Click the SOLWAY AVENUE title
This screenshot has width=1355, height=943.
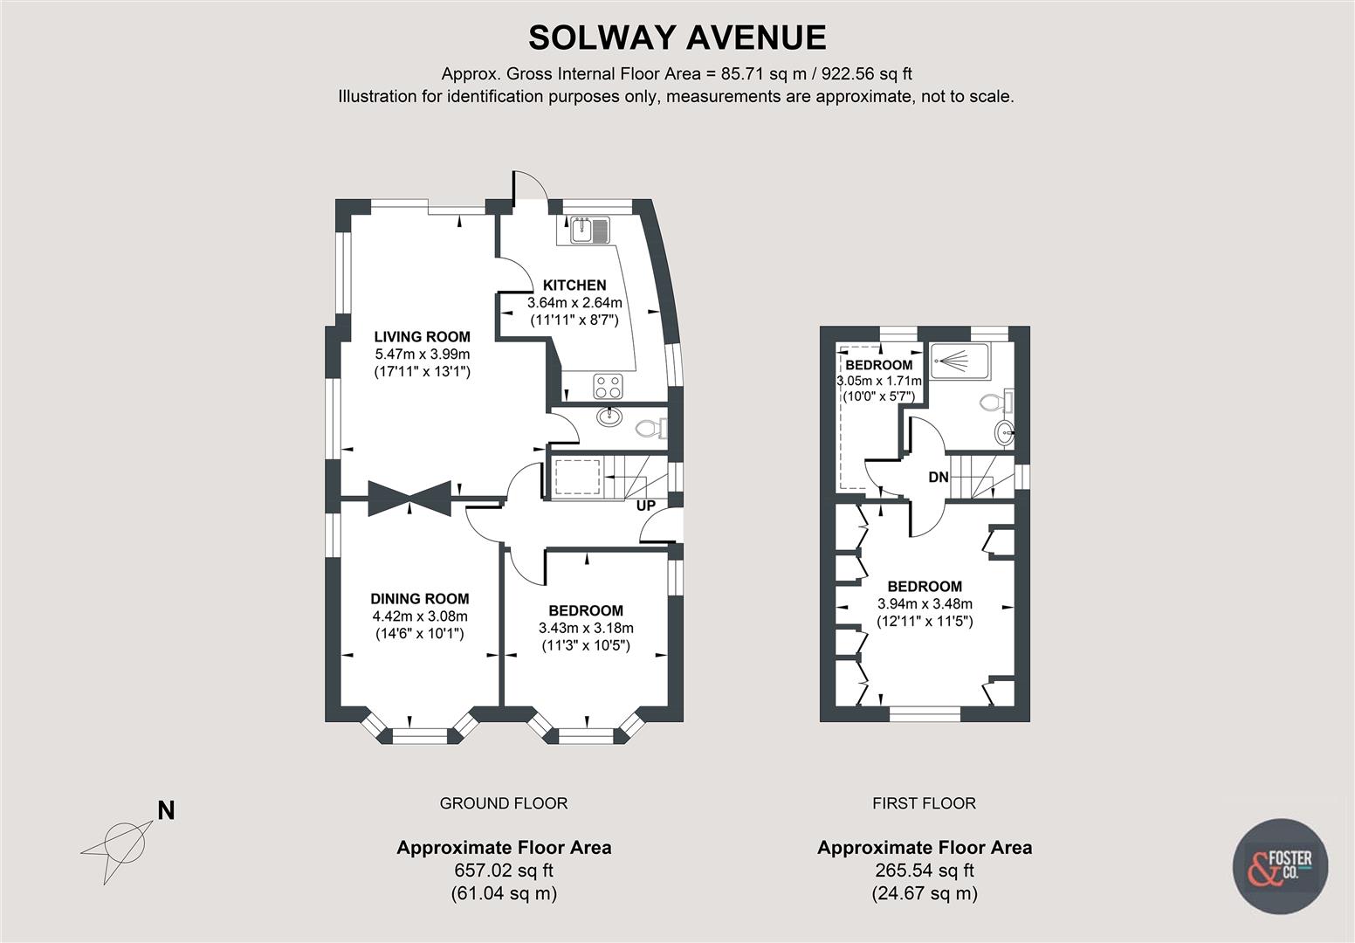click(x=677, y=38)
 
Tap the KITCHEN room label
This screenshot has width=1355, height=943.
click(x=574, y=286)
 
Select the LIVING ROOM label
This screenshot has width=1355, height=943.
click(x=422, y=336)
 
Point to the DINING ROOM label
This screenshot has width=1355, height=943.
click(x=419, y=599)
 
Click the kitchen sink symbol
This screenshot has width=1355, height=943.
click(x=590, y=231)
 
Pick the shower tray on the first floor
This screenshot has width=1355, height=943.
click(x=959, y=361)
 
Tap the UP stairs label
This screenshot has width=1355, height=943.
click(x=646, y=506)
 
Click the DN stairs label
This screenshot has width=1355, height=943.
click(x=938, y=478)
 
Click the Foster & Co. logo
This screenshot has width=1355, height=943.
click(x=1279, y=866)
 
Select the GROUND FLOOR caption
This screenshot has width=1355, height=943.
click(x=503, y=803)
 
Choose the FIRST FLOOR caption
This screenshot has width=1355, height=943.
click(x=924, y=803)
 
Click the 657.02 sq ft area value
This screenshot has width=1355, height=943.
click(x=504, y=871)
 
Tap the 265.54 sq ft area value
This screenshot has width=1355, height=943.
click(x=924, y=871)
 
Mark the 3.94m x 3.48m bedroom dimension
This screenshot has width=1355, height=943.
click(x=925, y=603)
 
